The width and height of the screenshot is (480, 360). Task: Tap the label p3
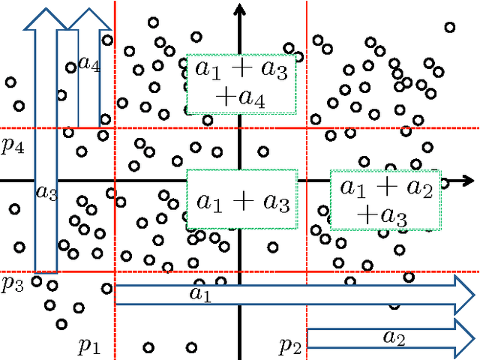coord(12,283)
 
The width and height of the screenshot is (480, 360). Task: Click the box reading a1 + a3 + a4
coord(241,84)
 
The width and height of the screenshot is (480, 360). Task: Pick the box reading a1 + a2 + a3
coord(385,201)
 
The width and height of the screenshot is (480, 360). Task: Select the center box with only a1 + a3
coord(241,199)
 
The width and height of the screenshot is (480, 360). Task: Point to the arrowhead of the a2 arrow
coord(466,338)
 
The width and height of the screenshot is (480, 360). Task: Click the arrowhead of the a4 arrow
coord(89,19)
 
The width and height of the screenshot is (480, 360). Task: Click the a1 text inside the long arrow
coord(201,295)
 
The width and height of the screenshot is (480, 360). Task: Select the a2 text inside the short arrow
coord(394,338)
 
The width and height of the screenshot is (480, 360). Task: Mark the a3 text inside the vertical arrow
coord(46,193)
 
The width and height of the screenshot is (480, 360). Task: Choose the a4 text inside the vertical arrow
coord(88,64)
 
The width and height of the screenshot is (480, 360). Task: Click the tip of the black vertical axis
coord(241,6)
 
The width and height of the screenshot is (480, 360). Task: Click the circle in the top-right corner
coord(449,28)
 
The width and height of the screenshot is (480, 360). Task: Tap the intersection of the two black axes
coord(241,181)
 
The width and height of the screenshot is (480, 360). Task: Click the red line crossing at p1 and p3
coord(115,272)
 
